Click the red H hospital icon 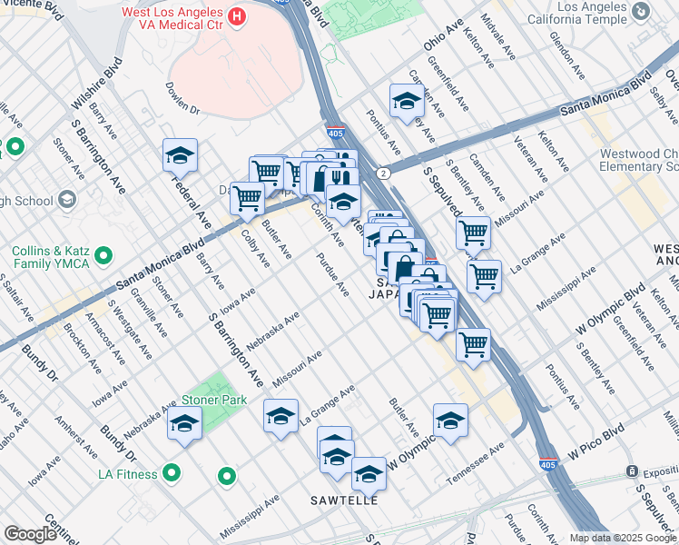coord(237,15)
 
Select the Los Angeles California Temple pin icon coord(642,11)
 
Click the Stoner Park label coord(214,400)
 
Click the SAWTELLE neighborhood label coord(343,500)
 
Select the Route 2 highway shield coord(384,172)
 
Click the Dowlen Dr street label coord(182,97)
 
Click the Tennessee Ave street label coord(474,464)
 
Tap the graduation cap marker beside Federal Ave coord(180,155)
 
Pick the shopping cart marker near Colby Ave coord(247,198)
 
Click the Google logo coord(30,534)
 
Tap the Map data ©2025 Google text coord(623,538)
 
